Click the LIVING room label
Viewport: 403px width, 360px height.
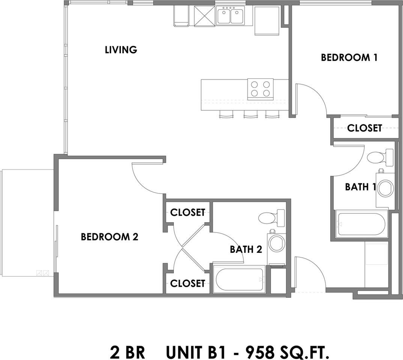click(x=120, y=49)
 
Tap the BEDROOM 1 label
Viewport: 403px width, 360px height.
click(x=349, y=57)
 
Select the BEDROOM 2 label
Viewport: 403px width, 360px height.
click(x=110, y=237)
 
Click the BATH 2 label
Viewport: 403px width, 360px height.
click(x=246, y=249)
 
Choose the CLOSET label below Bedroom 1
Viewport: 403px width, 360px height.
click(x=364, y=128)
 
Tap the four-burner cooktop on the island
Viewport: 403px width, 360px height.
click(x=260, y=89)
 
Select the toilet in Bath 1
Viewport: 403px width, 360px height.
click(x=379, y=157)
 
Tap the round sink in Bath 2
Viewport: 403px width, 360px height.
click(x=277, y=243)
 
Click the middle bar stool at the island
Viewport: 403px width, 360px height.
click(x=249, y=115)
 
